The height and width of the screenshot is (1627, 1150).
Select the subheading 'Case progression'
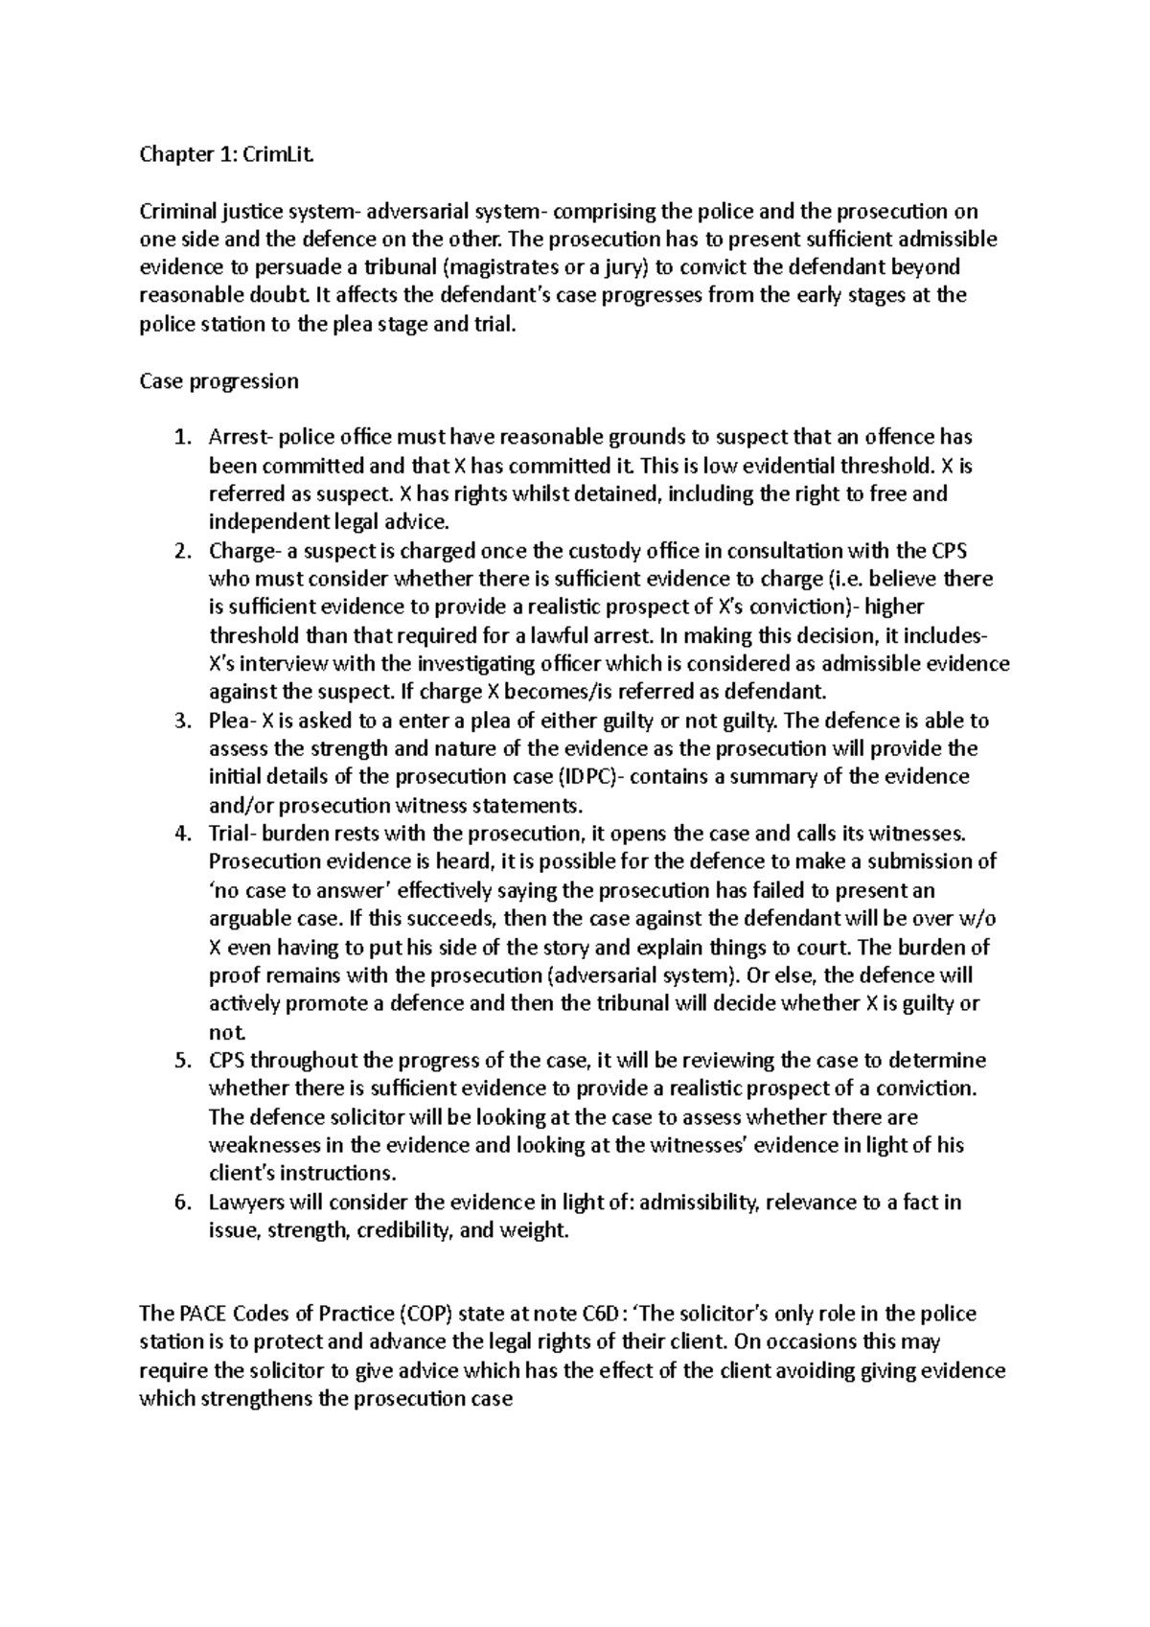pyautogui.click(x=218, y=381)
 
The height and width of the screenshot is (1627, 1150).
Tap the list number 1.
pyautogui.click(x=183, y=438)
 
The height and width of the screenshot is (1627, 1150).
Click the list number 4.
pyautogui.click(x=183, y=834)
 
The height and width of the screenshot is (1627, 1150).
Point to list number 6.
pyautogui.click(x=183, y=1202)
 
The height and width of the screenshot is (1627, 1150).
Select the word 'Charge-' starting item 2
pyautogui.click(x=242, y=551)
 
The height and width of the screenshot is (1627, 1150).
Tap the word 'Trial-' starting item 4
pyautogui.click(x=231, y=834)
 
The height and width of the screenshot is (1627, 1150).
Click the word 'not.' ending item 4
pyautogui.click(x=227, y=1032)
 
